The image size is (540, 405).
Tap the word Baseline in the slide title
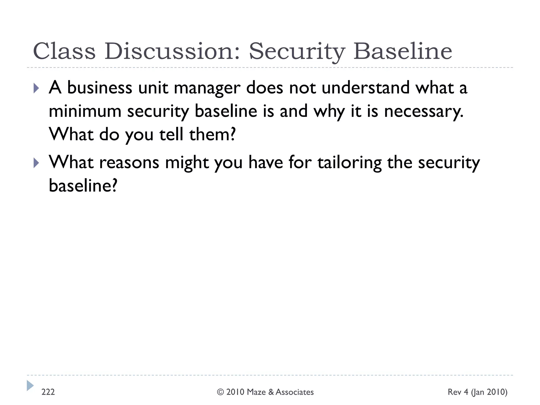(403, 51)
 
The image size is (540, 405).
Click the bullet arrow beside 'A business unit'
(36, 88)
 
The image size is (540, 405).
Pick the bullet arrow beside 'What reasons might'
(36, 163)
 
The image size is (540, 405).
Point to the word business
(100, 88)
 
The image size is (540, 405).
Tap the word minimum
(85, 111)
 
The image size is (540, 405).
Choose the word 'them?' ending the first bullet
(212, 134)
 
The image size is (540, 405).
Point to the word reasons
(129, 163)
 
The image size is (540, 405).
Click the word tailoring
(350, 163)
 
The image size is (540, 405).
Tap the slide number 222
(48, 392)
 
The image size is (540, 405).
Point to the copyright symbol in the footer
(220, 392)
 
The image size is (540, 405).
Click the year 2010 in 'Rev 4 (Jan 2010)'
(497, 392)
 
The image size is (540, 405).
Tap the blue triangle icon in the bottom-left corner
(30, 385)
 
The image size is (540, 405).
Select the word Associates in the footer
(295, 392)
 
